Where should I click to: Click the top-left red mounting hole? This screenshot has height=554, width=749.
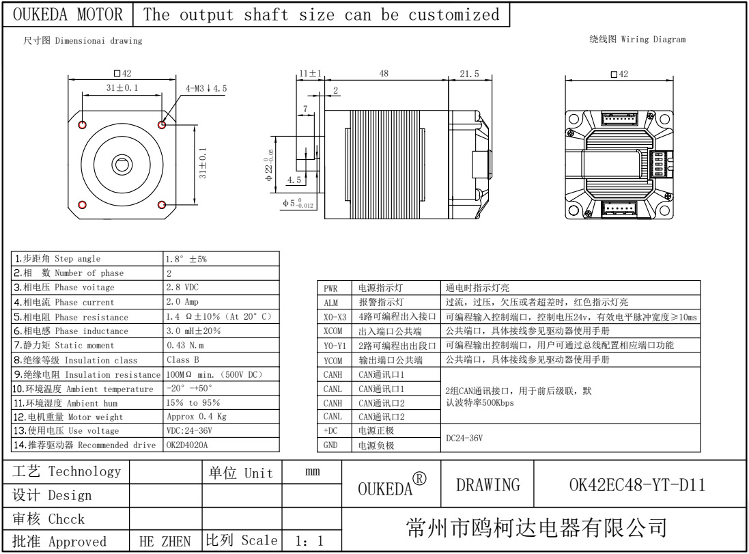[83, 125]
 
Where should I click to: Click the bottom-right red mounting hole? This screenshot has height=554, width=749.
[162, 205]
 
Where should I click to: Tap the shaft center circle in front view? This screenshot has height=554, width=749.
[122, 165]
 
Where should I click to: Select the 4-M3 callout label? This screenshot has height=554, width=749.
[206, 88]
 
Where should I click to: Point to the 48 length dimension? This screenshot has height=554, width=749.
[384, 74]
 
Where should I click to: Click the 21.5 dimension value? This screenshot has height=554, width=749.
[469, 74]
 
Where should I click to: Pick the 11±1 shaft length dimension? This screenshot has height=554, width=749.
[311, 74]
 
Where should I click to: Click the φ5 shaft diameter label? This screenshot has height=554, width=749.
[298, 203]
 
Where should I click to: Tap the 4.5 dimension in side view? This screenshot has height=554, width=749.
[294, 180]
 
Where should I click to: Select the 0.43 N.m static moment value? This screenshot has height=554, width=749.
[185, 345]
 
